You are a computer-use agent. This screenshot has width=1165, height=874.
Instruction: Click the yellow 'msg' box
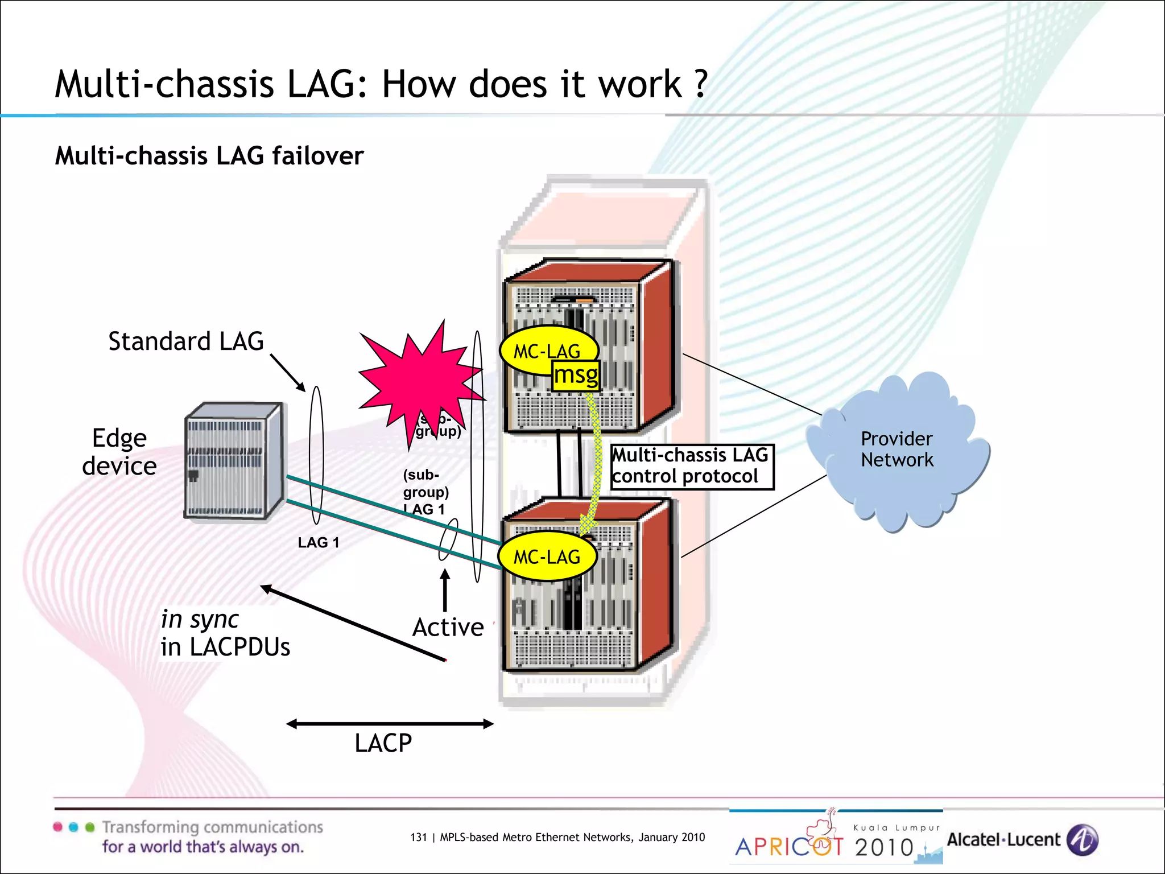pos(576,376)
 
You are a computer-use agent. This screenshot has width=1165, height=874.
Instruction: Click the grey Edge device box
pos(233,461)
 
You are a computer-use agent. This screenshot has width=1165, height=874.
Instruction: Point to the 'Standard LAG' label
pos(186,341)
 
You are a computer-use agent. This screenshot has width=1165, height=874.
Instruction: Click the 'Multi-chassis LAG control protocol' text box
pos(691,467)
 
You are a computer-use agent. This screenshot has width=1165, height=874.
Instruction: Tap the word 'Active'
pos(448,628)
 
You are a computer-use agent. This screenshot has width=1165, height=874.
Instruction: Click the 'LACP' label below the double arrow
pos(383,743)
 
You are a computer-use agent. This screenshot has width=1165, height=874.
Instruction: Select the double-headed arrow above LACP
pos(390,724)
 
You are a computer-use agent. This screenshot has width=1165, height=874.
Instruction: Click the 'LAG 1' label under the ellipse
pos(318,543)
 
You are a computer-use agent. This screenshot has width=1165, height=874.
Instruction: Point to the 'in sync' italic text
pos(200,619)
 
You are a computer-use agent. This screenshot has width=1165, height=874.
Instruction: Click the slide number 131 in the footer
pos(418,837)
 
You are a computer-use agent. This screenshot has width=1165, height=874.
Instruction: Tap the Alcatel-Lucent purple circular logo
pos(1083,840)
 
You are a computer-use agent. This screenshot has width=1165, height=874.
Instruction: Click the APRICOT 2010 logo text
pos(825,847)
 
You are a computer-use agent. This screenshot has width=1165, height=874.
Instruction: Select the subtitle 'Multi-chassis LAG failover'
pos(209,156)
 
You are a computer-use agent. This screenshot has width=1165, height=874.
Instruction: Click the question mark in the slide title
pos(701,84)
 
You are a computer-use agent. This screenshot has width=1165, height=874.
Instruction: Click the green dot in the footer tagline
pos(89,827)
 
